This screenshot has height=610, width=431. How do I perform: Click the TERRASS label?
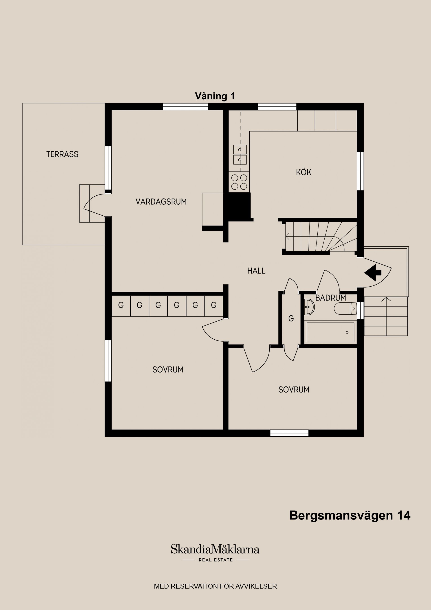pos(62,154)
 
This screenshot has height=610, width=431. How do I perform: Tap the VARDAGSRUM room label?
pos(161,202)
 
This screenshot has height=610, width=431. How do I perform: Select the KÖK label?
pos(303,172)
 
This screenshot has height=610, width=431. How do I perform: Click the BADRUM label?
pos(330,298)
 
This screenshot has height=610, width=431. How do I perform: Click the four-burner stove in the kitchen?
pos(239,182)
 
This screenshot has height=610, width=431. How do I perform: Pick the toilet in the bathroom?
pos(345,308)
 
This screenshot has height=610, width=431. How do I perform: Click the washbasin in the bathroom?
pos(309,307)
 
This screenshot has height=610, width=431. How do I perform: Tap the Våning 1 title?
pos(215,96)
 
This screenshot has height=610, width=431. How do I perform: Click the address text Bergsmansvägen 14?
pos(350,515)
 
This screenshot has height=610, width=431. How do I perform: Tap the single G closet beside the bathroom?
pos(291,318)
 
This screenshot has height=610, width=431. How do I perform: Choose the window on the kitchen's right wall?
pos(360,171)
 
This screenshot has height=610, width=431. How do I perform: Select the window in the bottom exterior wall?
pos(289,433)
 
